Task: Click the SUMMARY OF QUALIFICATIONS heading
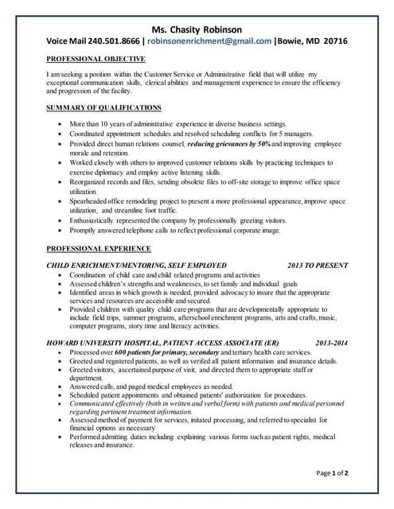point(103,107)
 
